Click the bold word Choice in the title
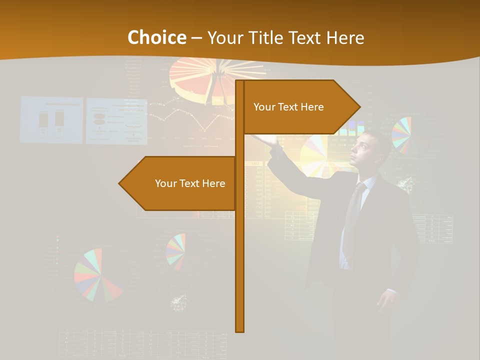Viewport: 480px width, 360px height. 156,37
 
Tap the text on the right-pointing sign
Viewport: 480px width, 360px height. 288,107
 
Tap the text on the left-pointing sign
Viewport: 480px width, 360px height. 190,183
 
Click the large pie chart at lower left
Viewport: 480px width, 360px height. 97,275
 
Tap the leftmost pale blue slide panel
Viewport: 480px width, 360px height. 51,120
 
